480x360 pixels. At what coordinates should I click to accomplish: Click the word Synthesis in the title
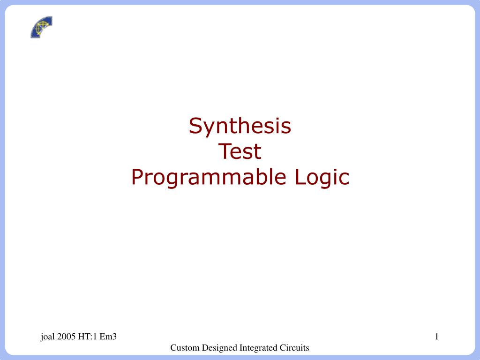tap(240, 126)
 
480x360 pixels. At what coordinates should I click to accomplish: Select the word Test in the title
tap(240, 152)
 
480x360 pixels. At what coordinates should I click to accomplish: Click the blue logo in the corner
tap(41, 27)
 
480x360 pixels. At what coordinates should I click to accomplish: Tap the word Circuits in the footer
tap(295, 348)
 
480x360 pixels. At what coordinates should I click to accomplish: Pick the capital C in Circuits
tap(284, 348)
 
